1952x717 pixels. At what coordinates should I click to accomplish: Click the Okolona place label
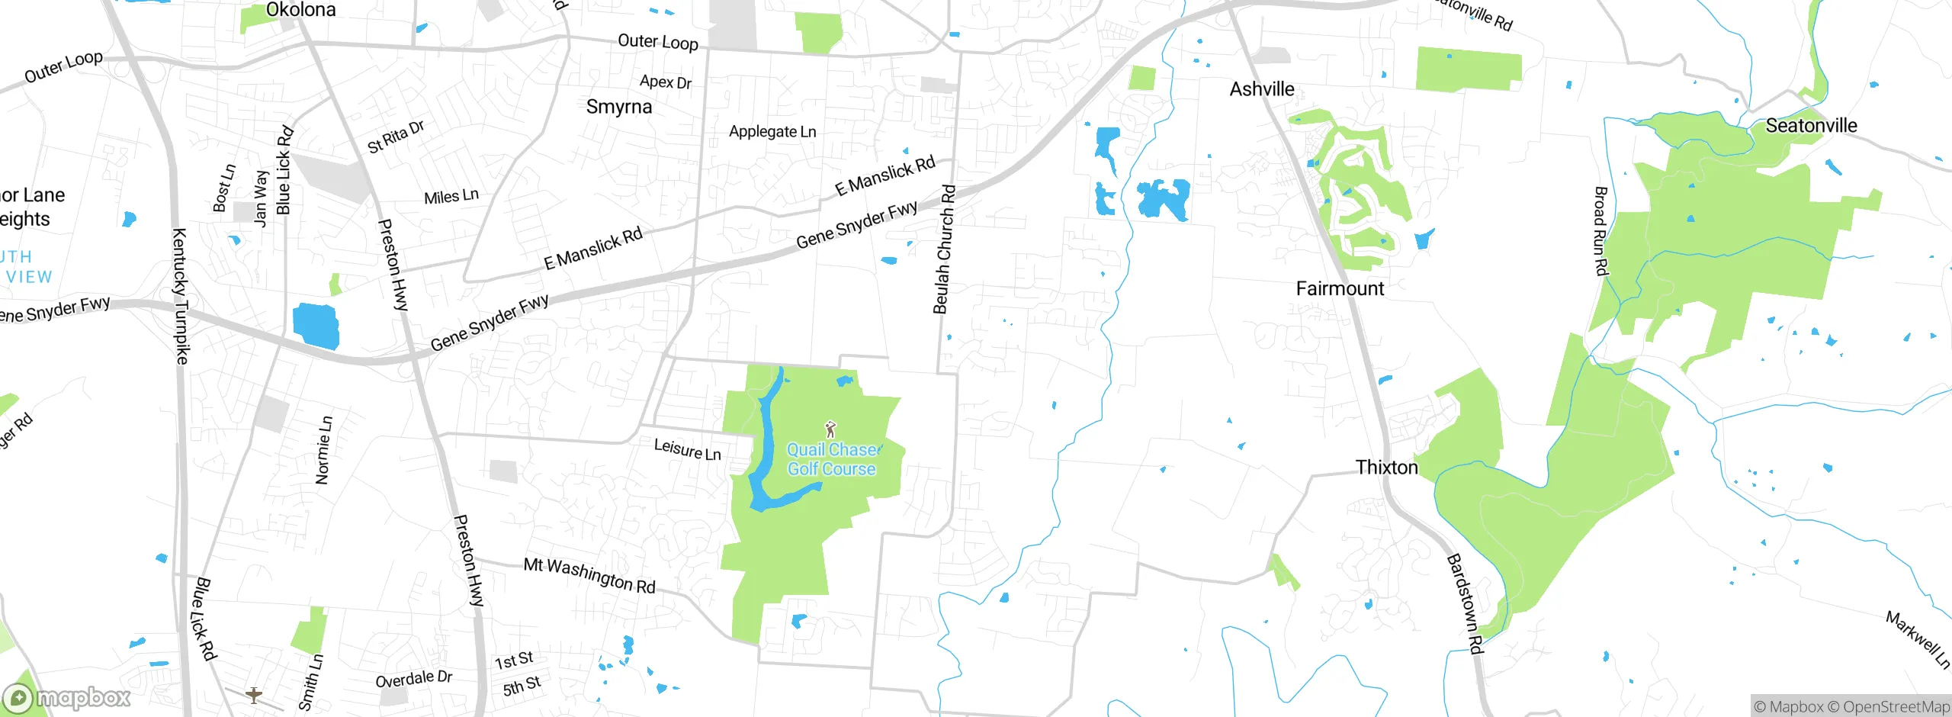pyautogui.click(x=300, y=10)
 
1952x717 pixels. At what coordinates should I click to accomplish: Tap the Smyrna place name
pyautogui.click(x=619, y=107)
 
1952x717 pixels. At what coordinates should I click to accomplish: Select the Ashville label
pyautogui.click(x=1262, y=89)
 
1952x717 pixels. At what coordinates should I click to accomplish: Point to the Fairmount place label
pyautogui.click(x=1340, y=288)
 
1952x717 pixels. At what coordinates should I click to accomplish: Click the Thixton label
pyautogui.click(x=1386, y=467)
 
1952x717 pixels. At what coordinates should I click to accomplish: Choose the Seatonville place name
pyautogui.click(x=1811, y=125)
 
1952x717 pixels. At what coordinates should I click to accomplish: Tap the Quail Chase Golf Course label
pyautogui.click(x=832, y=460)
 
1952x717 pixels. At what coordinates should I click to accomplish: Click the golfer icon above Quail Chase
pyautogui.click(x=830, y=429)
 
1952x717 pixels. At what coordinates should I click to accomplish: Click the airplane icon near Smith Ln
pyautogui.click(x=254, y=695)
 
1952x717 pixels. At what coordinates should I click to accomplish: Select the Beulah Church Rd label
pyautogui.click(x=944, y=249)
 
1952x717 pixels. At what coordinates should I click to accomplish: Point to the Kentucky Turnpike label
pyautogui.click(x=181, y=296)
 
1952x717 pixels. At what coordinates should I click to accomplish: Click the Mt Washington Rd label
pyautogui.click(x=589, y=575)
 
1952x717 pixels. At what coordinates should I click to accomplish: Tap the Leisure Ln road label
pyautogui.click(x=687, y=449)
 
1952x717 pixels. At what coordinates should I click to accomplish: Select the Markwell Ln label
pyautogui.click(x=1918, y=639)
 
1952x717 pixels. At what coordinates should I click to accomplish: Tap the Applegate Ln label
pyautogui.click(x=772, y=132)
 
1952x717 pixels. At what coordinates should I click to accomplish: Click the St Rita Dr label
pyautogui.click(x=396, y=137)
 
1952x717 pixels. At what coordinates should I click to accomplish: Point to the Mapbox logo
pyautogui.click(x=67, y=697)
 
